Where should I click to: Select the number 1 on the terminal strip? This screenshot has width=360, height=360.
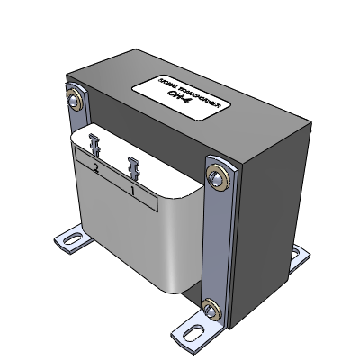point(134,190)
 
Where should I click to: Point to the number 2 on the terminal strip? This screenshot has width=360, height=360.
point(95,168)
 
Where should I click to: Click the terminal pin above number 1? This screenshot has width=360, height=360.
point(135,166)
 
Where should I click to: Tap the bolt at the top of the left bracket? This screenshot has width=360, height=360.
point(74,97)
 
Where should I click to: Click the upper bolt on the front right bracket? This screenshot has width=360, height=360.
point(217,175)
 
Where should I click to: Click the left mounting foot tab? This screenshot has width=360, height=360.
point(69,240)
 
